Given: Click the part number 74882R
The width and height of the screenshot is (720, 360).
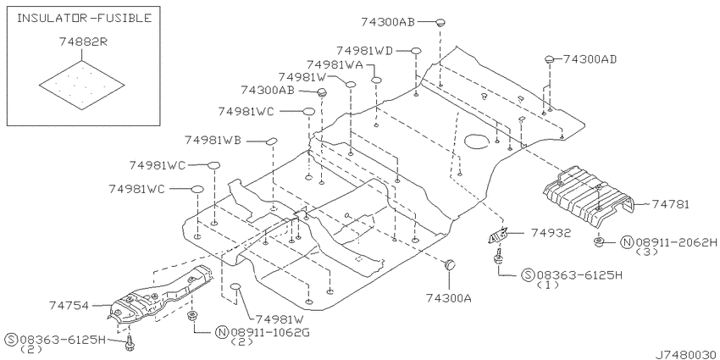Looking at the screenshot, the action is click(83, 42).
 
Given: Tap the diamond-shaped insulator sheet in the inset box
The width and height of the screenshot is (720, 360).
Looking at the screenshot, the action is click(81, 85).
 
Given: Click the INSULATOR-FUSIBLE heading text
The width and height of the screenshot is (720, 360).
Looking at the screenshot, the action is click(84, 18).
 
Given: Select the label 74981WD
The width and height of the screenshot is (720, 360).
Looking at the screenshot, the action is click(364, 51).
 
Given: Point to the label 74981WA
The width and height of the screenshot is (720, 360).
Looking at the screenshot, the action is click(335, 64).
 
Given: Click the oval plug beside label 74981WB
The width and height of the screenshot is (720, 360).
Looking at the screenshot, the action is click(272, 141).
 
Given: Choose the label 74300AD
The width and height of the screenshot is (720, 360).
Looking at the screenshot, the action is click(590, 59).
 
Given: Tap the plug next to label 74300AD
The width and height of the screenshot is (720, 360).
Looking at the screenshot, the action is click(550, 59).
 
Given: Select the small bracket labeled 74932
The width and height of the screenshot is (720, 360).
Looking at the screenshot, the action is click(498, 235).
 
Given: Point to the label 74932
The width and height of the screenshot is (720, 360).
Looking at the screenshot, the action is click(551, 233).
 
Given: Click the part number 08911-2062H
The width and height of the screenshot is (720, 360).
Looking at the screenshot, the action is click(675, 242).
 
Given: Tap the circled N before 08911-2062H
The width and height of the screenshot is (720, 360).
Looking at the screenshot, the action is click(627, 242).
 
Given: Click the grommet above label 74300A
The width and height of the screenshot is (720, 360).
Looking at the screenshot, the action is click(449, 264).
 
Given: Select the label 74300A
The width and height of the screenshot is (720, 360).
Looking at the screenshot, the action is click(448, 298).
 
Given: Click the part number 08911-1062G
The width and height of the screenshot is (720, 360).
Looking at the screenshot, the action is click(269, 332).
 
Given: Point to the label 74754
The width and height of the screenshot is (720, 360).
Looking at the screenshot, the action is click(69, 305).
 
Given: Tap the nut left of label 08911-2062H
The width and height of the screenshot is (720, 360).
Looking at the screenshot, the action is click(599, 241).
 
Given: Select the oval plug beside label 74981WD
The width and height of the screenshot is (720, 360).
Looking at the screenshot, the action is click(416, 51).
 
